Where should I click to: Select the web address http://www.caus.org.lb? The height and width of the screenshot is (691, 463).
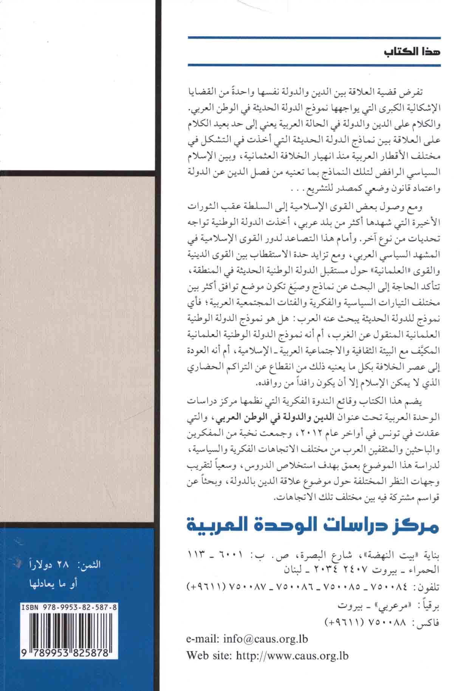point(291,655)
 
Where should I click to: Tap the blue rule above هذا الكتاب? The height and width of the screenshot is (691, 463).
point(314,38)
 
